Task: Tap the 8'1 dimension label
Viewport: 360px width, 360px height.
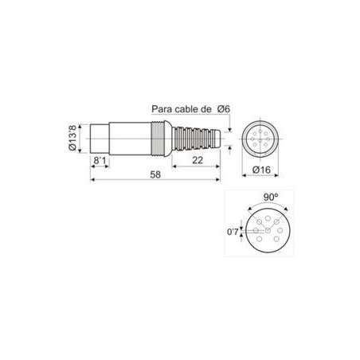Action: click(x=100, y=160)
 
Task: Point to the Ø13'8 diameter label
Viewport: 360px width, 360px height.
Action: click(x=72, y=137)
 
